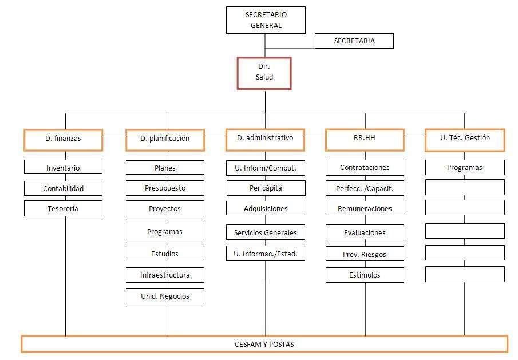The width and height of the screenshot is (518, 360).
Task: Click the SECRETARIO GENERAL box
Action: tap(266, 20)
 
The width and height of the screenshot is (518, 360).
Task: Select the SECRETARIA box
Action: tap(354, 41)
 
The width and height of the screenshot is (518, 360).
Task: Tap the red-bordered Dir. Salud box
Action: tap(264, 73)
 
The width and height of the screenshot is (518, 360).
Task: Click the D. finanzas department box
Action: tap(63, 140)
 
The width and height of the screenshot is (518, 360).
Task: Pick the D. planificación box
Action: tap(165, 140)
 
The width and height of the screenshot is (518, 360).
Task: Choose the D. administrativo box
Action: tap(265, 140)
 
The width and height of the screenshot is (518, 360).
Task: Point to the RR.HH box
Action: tap(365, 140)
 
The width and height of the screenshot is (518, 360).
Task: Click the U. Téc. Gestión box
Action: tap(465, 140)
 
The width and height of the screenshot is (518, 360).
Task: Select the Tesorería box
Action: tap(63, 209)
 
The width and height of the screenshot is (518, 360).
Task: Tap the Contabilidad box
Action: tap(63, 188)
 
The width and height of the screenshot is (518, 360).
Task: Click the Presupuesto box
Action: tap(165, 188)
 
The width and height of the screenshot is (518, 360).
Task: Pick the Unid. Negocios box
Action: tap(165, 296)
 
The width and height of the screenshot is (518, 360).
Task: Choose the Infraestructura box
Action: tap(165, 275)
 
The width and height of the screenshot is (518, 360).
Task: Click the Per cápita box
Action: tap(266, 188)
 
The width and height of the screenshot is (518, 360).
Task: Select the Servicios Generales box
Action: tap(266, 232)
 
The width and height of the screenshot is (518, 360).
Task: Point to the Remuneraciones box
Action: tap(365, 208)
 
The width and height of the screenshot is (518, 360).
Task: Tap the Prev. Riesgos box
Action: tap(365, 254)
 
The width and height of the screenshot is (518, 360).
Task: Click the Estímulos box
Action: tap(365, 275)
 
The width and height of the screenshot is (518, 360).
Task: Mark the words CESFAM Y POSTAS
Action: tap(264, 344)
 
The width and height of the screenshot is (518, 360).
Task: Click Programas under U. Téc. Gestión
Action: tap(465, 168)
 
